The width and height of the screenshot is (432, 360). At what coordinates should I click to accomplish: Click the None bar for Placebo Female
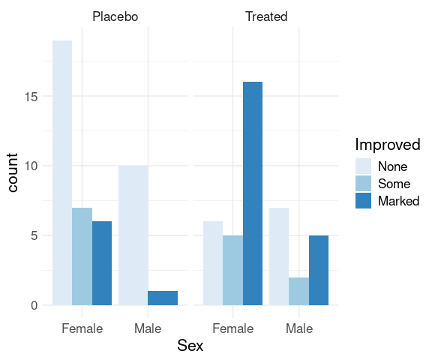click(x=62, y=172)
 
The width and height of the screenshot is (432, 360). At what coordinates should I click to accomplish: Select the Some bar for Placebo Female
click(x=82, y=256)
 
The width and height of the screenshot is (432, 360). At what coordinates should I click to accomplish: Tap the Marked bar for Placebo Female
click(x=102, y=263)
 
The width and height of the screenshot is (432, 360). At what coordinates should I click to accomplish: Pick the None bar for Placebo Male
click(x=133, y=235)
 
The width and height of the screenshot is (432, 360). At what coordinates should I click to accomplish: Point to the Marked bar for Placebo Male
click(x=163, y=298)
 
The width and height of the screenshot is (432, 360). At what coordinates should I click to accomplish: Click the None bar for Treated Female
click(x=213, y=263)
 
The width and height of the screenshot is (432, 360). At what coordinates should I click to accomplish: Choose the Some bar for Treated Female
click(x=232, y=270)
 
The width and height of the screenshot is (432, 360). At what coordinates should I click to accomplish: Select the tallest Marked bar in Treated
click(x=253, y=193)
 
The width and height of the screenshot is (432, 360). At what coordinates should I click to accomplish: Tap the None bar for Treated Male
click(x=279, y=256)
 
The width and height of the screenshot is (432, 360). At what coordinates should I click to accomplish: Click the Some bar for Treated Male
click(x=299, y=291)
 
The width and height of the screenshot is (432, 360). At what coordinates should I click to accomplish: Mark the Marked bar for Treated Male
click(x=319, y=270)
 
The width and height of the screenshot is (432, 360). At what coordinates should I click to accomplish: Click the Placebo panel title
click(x=115, y=16)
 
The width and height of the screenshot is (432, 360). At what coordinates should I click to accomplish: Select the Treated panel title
click(x=266, y=16)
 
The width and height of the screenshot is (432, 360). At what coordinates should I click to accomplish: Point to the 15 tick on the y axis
click(x=31, y=97)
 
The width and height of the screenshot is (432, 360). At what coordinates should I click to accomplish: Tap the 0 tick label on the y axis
click(x=34, y=305)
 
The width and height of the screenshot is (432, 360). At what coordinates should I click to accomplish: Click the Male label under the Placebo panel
click(x=148, y=328)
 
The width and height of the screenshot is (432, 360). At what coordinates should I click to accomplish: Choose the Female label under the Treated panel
click(x=232, y=328)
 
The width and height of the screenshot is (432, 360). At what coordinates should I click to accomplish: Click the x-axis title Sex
click(x=190, y=346)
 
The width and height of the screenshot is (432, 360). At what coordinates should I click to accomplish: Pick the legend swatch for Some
click(x=364, y=184)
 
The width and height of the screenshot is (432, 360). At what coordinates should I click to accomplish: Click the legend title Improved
click(x=388, y=145)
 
